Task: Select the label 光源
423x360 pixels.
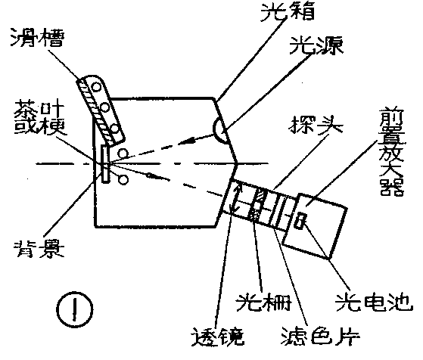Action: click(x=315, y=47)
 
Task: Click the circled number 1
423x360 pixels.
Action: click(x=76, y=309)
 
